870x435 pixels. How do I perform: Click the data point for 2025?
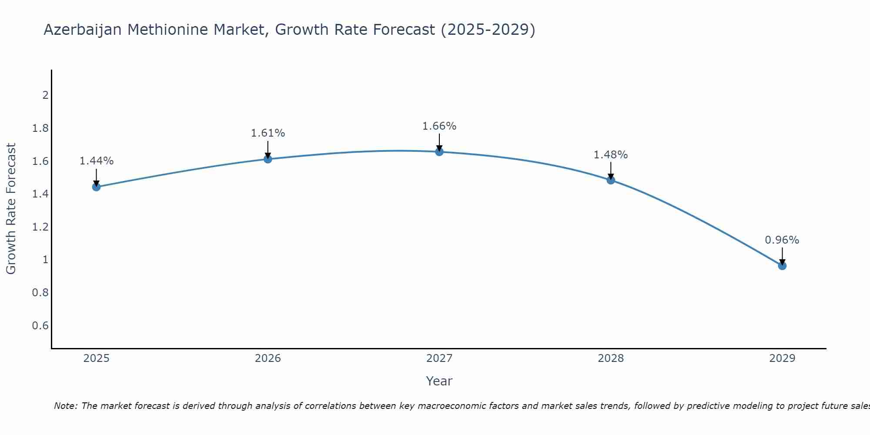click(x=96, y=187)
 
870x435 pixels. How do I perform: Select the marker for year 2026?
click(x=268, y=159)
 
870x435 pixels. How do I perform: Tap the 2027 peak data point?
click(x=439, y=152)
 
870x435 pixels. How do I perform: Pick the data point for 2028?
click(x=611, y=180)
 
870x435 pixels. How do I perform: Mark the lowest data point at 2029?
click(x=782, y=266)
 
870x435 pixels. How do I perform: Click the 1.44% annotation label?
click(x=96, y=161)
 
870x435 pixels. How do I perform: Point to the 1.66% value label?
click(x=439, y=126)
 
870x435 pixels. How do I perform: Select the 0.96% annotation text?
click(x=782, y=240)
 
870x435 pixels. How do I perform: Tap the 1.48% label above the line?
click(x=610, y=155)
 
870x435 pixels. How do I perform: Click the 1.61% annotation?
click(x=268, y=133)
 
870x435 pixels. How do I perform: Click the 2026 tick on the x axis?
click(x=268, y=358)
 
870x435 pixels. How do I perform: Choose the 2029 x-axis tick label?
click(x=782, y=358)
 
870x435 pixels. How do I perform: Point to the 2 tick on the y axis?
click(x=45, y=95)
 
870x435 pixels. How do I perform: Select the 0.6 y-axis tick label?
click(x=40, y=326)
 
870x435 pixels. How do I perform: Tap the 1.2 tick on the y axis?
click(x=40, y=227)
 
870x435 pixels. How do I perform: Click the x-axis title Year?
click(x=439, y=381)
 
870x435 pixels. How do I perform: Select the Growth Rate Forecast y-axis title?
click(x=11, y=209)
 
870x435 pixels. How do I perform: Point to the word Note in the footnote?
click(x=65, y=406)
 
